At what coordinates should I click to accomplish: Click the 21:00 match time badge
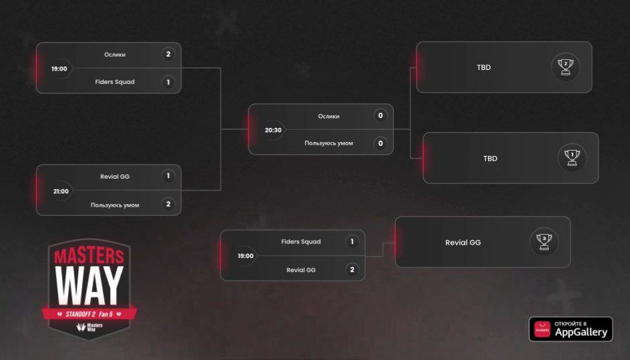[61, 191]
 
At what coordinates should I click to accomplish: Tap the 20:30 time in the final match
[273, 130]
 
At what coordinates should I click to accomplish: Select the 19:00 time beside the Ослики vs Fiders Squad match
[59, 69]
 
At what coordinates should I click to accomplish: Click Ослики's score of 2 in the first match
[168, 54]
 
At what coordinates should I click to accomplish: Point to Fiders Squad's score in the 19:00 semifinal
[168, 82]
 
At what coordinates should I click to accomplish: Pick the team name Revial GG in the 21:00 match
[115, 177]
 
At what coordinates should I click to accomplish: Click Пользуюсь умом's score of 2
[168, 205]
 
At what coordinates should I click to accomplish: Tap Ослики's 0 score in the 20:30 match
[381, 116]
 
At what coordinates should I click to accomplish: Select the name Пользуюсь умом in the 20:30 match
[329, 143]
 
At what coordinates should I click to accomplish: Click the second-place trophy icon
[565, 67]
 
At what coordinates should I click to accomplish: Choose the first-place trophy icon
[572, 158]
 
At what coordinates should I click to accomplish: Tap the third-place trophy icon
[544, 241]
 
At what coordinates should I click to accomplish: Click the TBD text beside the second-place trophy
[484, 67]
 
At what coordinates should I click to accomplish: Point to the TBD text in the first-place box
[491, 159]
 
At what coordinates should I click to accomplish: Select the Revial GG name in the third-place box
[463, 243]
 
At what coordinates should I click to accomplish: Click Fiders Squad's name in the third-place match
[301, 242]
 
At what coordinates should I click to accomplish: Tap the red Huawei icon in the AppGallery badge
[542, 329]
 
